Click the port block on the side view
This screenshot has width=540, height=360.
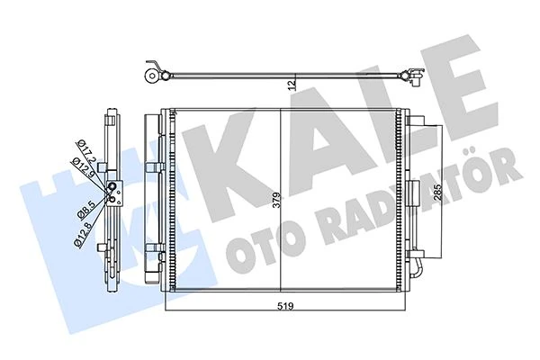[x=113, y=190]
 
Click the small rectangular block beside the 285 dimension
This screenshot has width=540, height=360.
[x=412, y=192]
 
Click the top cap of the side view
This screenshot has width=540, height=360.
[x=113, y=116]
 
